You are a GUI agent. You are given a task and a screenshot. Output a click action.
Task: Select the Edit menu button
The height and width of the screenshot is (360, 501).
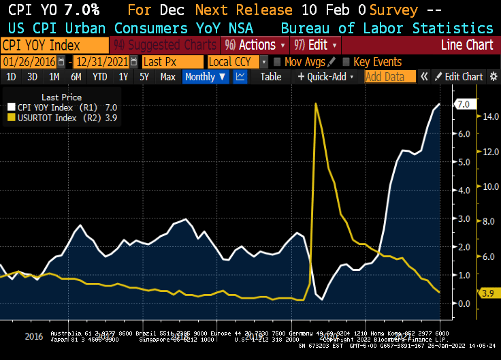point(312,45)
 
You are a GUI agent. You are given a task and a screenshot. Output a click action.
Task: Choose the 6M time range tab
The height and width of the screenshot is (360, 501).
point(76,77)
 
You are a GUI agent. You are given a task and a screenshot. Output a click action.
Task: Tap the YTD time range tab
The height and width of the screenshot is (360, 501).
point(99,77)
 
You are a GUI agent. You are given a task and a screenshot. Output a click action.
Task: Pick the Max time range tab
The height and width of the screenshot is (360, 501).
point(167,77)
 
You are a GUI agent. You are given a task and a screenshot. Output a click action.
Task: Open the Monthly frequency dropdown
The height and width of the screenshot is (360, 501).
point(206,77)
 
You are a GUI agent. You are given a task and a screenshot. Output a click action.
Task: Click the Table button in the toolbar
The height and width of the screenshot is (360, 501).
point(270,77)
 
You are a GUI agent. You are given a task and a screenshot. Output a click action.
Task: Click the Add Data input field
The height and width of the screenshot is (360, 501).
point(389,77)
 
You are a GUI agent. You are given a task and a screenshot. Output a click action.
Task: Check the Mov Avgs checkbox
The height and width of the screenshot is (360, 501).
point(277,61)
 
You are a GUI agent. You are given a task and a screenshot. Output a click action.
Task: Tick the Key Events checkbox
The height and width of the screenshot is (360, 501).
point(346,61)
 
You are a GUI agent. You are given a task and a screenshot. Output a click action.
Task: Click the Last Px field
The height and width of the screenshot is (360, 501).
point(172,61)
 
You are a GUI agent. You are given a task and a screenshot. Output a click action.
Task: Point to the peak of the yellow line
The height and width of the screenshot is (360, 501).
point(316,103)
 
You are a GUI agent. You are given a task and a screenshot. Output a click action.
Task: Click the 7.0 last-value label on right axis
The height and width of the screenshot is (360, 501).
point(463,104)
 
